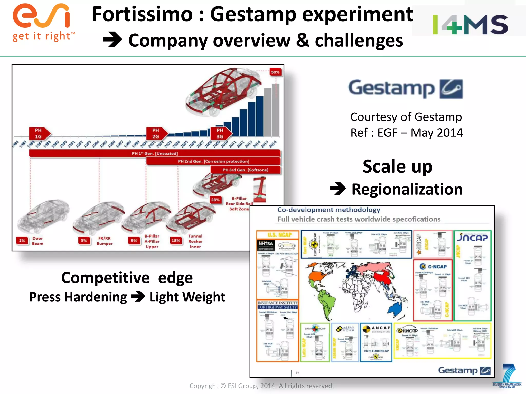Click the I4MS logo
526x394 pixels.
[x=470, y=24]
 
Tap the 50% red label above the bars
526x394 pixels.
[x=275, y=72]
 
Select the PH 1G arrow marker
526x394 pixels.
[x=39, y=133]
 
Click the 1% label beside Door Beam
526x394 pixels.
[x=22, y=240]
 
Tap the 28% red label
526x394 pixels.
[x=215, y=200]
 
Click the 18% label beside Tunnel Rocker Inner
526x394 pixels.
[x=176, y=240]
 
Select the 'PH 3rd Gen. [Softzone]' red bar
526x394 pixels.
[x=245, y=170]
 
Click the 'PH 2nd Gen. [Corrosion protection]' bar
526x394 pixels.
[x=213, y=161]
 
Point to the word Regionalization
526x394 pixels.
[x=407, y=189]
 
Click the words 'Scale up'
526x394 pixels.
[x=397, y=166]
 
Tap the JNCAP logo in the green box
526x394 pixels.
[x=472, y=237]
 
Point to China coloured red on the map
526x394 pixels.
[x=382, y=278]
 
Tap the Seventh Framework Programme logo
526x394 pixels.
[x=507, y=376]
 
